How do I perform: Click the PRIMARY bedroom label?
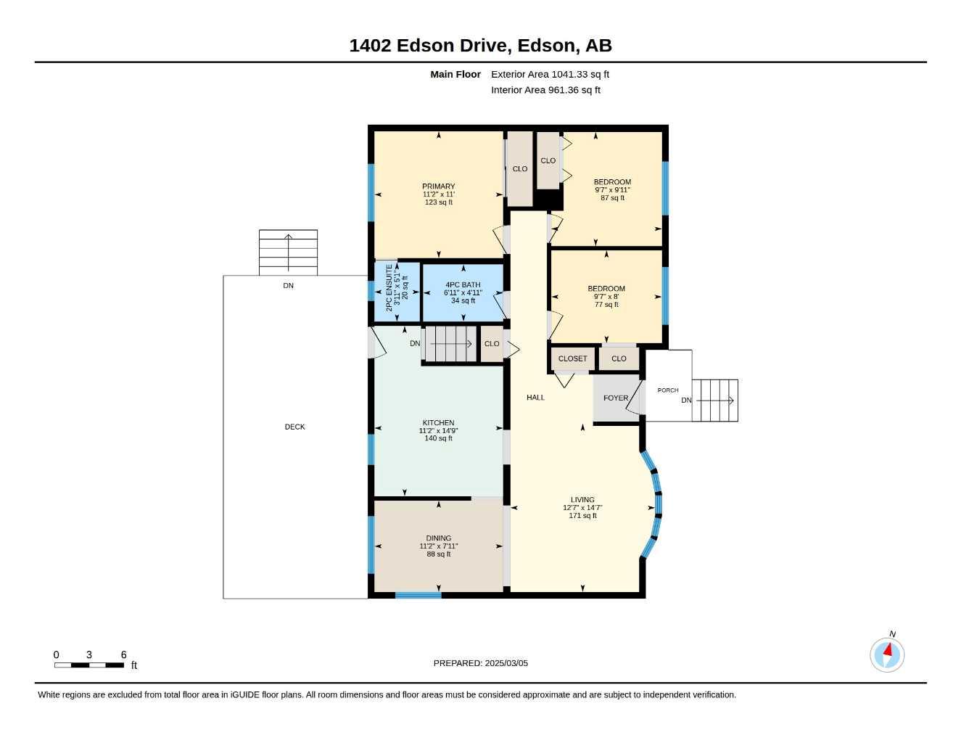(438, 186)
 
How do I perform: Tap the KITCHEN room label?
(438, 422)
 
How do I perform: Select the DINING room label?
(438, 538)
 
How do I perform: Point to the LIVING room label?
(582, 499)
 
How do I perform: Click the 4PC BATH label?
(463, 285)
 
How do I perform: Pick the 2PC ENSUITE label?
(389, 288)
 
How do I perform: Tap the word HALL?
(535, 397)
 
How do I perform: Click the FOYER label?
(616, 398)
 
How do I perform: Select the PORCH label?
(668, 390)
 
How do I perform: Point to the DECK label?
(294, 427)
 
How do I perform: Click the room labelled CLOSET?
(572, 358)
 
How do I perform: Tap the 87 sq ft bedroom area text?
(612, 197)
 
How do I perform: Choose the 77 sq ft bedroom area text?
(606, 304)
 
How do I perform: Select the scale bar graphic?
(89, 665)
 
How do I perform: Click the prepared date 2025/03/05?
(506, 663)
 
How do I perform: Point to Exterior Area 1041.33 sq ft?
(550, 74)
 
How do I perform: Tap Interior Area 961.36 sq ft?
(545, 90)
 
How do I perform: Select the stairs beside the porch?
(714, 401)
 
